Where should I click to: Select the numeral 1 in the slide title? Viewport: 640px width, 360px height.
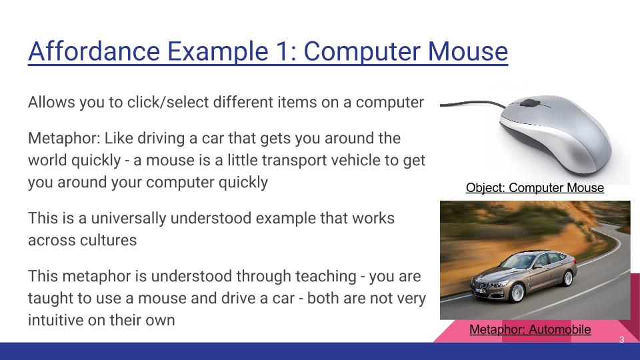[x=279, y=51]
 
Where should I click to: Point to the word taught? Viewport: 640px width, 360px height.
[x=49, y=297]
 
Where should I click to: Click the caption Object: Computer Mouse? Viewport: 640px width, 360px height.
[x=535, y=187]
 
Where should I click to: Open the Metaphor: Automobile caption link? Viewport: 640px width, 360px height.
[x=530, y=329]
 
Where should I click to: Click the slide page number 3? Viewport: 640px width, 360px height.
[x=621, y=340]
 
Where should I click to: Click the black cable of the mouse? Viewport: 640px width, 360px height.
[x=467, y=103]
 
